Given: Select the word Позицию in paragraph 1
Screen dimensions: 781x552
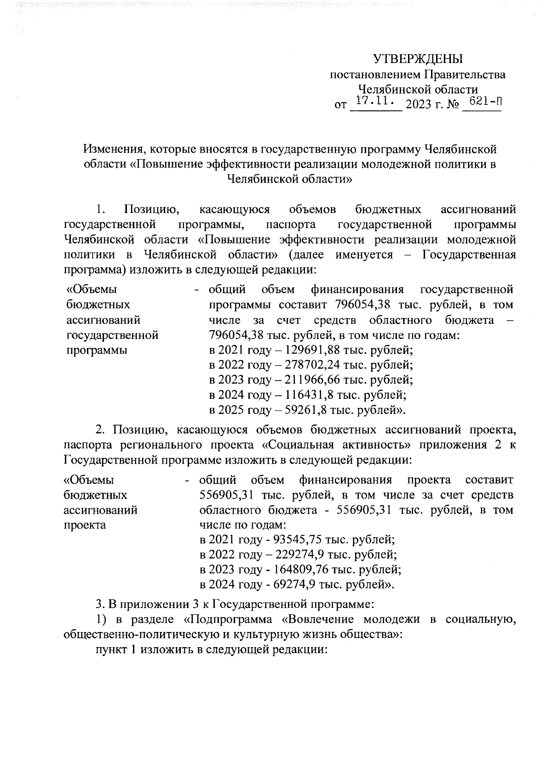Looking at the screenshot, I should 151,210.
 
